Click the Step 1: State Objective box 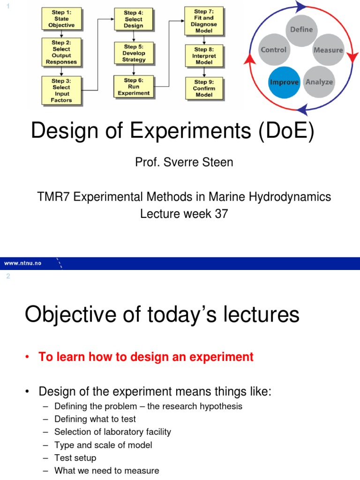coord(61,19)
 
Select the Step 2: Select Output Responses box coord(61,52)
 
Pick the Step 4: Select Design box coord(134,19)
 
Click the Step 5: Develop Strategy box coord(134,53)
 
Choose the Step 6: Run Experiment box coord(134,87)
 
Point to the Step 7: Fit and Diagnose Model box coord(204,21)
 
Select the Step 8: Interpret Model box coord(204,55)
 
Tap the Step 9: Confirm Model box coord(204,88)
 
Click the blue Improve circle coord(284,82)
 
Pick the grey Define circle coord(301,30)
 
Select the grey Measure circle coord(328,50)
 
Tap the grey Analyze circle coord(319,82)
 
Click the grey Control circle coord(274,50)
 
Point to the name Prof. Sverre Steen coord(184,162)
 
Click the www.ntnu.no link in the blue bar coord(23,263)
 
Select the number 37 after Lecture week coord(221,214)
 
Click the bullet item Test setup coord(75,457)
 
